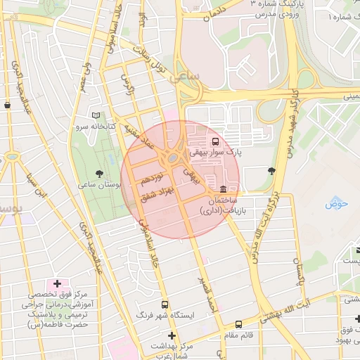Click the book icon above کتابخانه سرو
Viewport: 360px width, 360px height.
pos(96,115)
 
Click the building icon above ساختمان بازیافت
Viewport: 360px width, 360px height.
pos(223,188)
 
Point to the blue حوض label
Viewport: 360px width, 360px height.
pos(337,204)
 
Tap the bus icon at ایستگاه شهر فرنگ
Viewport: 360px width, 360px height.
pos(165,304)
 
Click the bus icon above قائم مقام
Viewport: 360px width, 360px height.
pos(240,325)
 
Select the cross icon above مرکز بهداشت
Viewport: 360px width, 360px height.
pos(171,336)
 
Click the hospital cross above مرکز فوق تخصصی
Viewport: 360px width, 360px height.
pos(57,283)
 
